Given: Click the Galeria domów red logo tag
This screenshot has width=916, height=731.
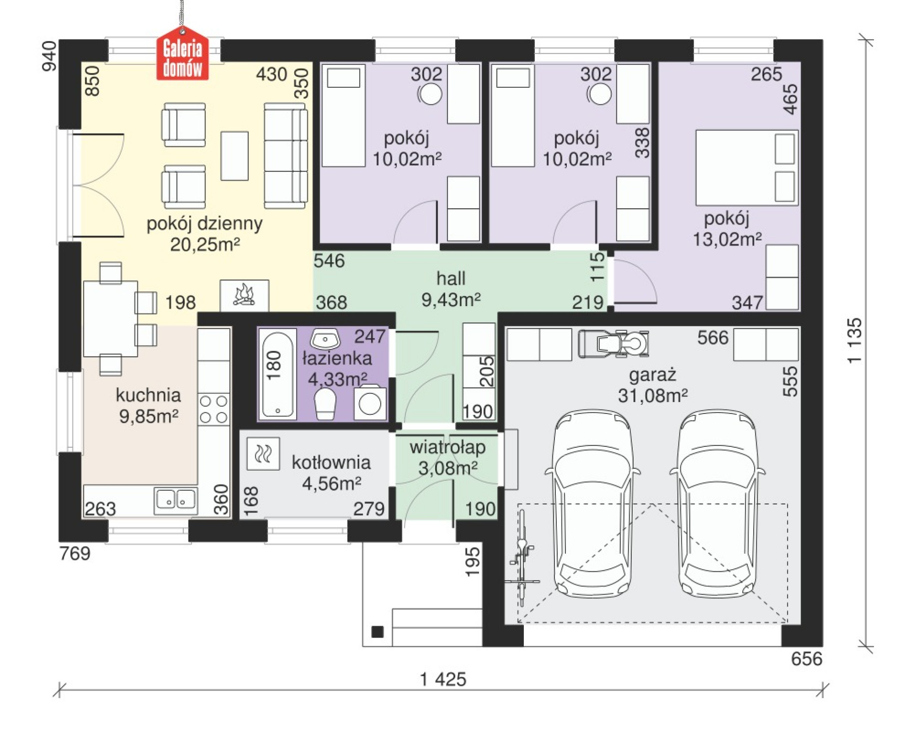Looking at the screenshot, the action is pyautogui.click(x=183, y=53).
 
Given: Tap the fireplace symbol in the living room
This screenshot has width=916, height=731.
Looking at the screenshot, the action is pyautogui.click(x=244, y=295).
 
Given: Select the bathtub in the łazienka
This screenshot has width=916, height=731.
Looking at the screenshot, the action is pyautogui.click(x=278, y=375).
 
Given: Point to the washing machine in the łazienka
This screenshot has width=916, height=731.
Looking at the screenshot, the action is pyautogui.click(x=370, y=403).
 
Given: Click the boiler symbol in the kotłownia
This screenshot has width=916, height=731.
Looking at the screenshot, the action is pyautogui.click(x=263, y=453).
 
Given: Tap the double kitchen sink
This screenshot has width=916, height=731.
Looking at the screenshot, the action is pyautogui.click(x=176, y=501).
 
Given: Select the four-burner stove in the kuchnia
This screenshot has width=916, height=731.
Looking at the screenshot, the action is pyautogui.click(x=214, y=409).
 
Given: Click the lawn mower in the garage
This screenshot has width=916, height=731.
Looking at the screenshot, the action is pyautogui.click(x=614, y=343).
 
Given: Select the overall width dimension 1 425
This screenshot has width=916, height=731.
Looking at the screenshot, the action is pyautogui.click(x=443, y=679).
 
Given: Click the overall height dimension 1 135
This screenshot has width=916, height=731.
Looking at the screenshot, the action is pyautogui.click(x=854, y=340).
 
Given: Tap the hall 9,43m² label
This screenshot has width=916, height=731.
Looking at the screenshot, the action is pyautogui.click(x=451, y=289).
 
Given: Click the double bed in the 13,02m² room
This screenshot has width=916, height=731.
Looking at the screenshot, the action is pyautogui.click(x=747, y=167).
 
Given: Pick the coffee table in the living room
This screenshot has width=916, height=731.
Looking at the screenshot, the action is pyautogui.click(x=234, y=156).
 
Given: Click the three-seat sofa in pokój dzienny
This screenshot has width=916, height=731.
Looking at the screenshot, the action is pyautogui.click(x=286, y=155).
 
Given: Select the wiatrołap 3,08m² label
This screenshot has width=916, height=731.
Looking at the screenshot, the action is pyautogui.click(x=448, y=457).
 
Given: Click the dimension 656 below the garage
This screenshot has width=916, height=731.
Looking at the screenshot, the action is pyautogui.click(x=806, y=659).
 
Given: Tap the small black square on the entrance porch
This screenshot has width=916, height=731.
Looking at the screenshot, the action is pyautogui.click(x=377, y=632).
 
